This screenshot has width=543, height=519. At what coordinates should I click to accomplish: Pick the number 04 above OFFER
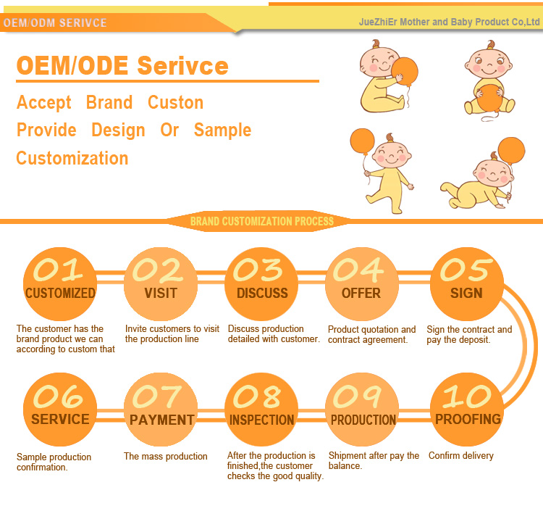[360, 270]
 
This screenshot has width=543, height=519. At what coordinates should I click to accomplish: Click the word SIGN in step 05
[466, 294]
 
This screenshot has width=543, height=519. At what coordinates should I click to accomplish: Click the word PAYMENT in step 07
[161, 420]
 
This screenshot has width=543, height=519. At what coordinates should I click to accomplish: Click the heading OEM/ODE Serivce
[122, 66]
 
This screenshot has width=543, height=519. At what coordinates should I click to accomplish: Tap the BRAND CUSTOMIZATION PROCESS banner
[261, 221]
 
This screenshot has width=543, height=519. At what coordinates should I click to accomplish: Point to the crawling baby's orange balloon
[512, 151]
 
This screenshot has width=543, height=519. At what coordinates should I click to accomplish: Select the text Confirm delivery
[461, 456]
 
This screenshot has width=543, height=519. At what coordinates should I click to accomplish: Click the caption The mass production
[165, 457]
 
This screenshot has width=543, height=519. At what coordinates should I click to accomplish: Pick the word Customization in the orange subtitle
[72, 158]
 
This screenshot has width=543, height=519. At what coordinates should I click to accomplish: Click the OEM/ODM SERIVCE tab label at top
[55, 23]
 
